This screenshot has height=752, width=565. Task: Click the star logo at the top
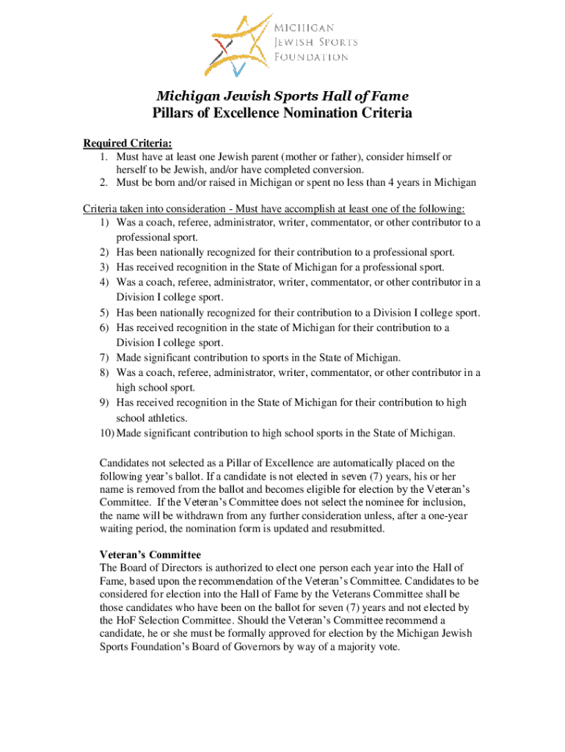pos(238,44)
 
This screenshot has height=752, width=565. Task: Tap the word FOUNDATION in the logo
pos(311,57)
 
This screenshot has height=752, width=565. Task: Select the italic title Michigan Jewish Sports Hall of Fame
pos(282,96)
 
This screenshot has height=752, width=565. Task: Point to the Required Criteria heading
pos(122,143)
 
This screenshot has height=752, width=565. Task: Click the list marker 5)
pos(105,313)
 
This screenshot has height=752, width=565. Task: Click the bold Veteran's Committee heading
pos(150,554)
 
